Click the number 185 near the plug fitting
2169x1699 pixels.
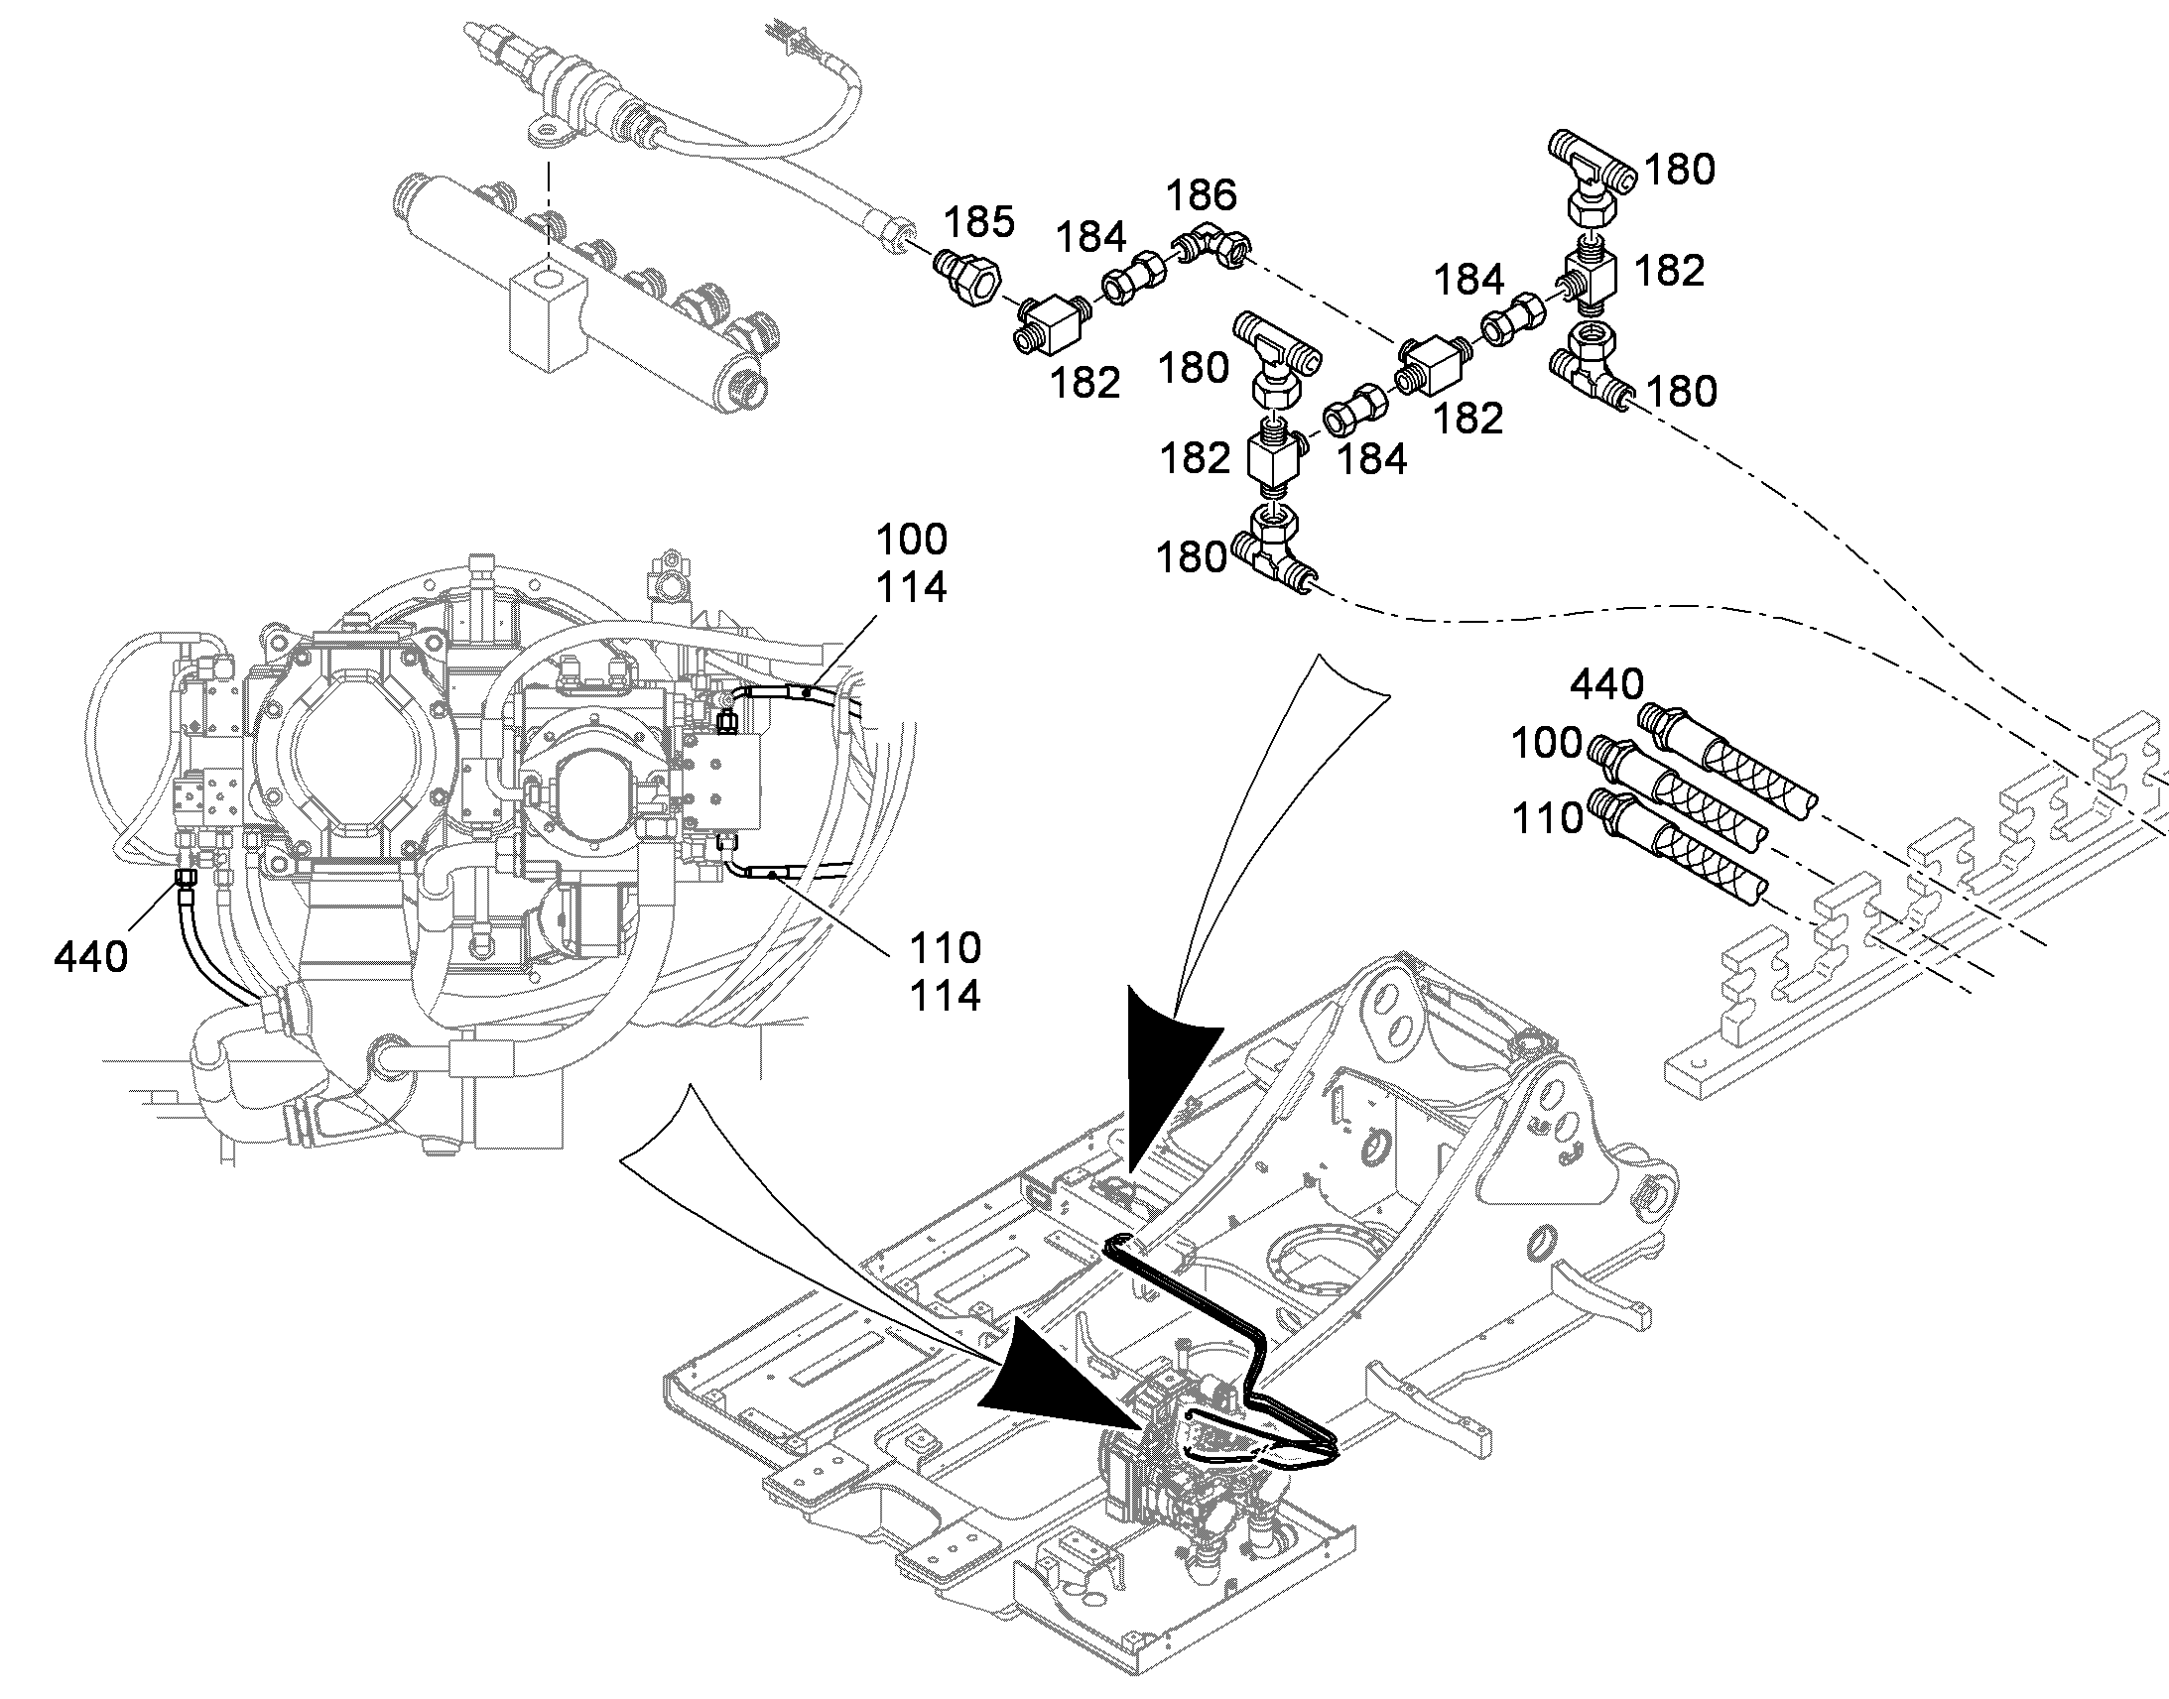[979, 222]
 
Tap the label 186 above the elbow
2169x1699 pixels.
[1201, 195]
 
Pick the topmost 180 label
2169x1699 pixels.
[1680, 171]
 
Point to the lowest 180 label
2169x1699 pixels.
[1191, 557]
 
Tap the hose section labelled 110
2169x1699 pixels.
[1676, 848]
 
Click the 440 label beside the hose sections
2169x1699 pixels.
[1606, 685]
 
